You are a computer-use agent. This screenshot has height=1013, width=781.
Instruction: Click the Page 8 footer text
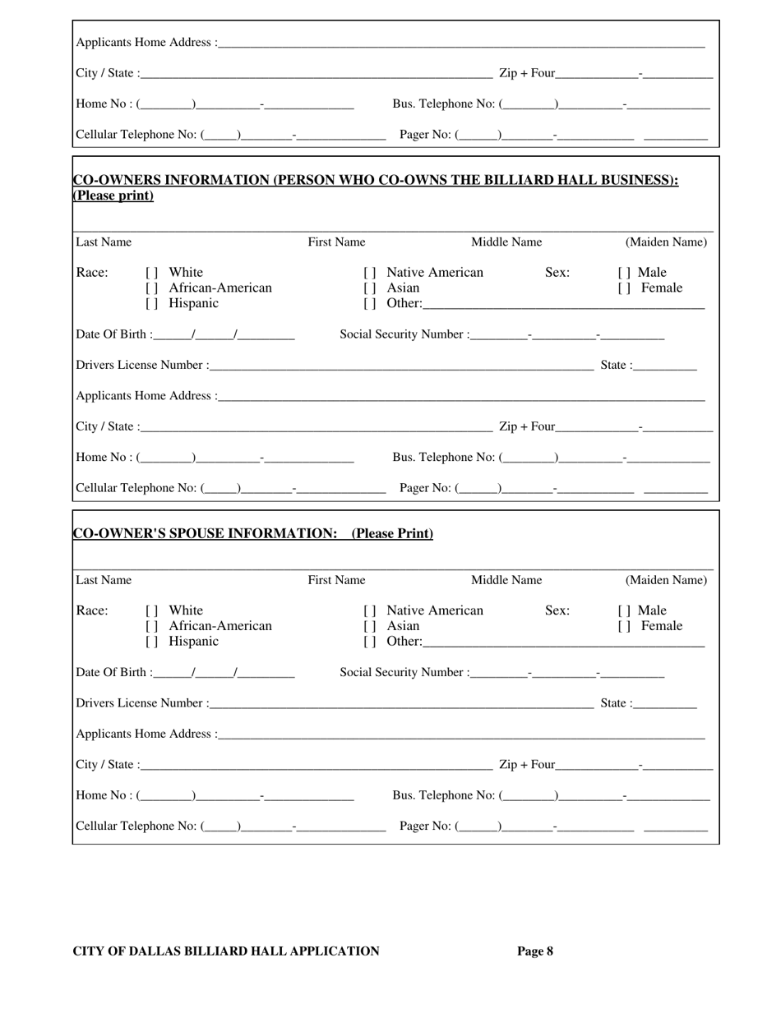(534, 951)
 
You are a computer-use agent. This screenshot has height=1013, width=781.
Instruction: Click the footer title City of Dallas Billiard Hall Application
(226, 951)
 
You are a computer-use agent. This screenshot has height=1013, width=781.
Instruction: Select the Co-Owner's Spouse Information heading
(253, 534)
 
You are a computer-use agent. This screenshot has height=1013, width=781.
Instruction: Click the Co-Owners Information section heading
(376, 180)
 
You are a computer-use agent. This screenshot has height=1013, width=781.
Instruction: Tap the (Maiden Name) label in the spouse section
(666, 581)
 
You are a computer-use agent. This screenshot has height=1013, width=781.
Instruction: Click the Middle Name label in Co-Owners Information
(506, 242)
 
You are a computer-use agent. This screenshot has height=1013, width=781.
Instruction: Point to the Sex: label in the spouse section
(557, 610)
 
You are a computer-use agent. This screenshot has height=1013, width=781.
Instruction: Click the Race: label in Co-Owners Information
(91, 273)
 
